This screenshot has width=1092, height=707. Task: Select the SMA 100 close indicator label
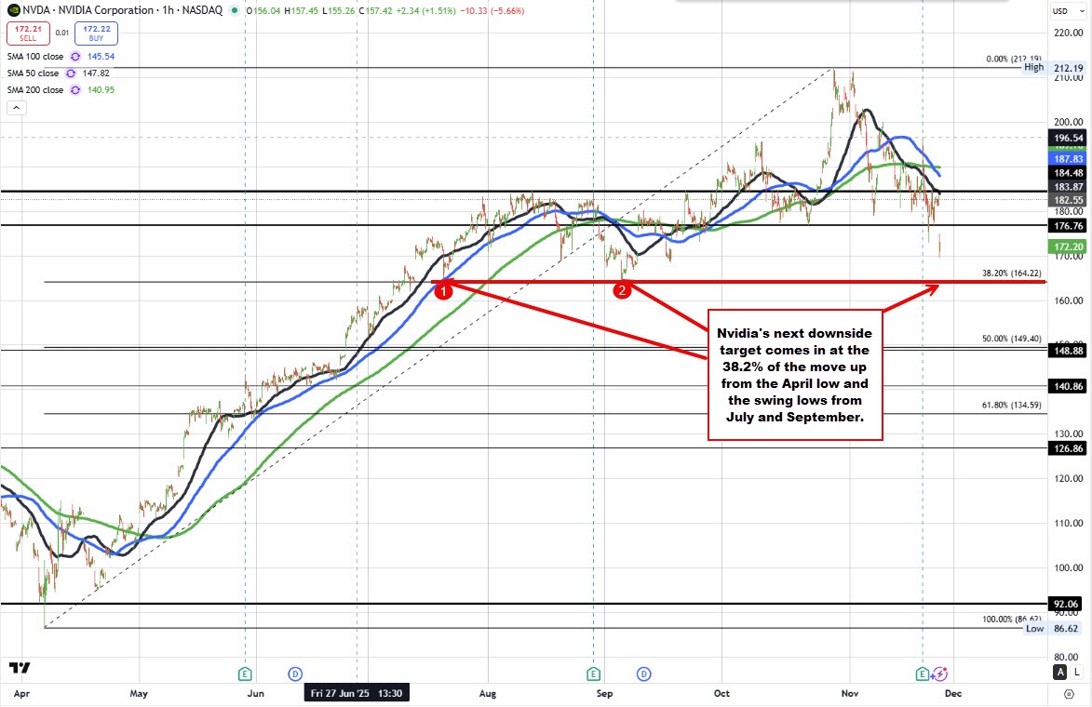click(33, 57)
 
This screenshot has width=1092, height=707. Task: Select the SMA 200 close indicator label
click(33, 90)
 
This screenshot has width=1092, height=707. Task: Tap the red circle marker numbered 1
click(444, 290)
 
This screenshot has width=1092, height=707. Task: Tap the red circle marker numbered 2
click(622, 290)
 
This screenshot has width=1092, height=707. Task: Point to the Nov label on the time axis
click(849, 693)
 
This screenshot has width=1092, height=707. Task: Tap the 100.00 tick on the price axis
click(1067, 567)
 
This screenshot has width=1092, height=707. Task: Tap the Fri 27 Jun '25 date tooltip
click(357, 693)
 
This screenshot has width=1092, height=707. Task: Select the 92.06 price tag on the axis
click(1067, 603)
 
